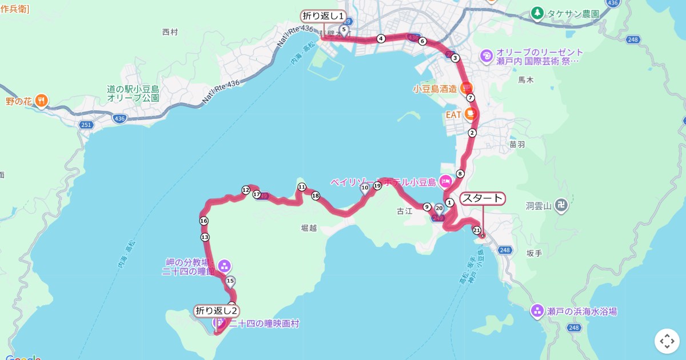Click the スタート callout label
482,199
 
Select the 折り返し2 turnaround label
216,311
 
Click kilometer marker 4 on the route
381,39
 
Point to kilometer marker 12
246,190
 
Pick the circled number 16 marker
204,221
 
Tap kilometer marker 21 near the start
476,230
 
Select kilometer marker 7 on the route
470,98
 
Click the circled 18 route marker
316,196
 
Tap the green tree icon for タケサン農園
537,13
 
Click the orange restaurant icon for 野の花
41,101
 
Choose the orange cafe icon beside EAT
470,114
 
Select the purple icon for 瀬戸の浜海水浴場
537,311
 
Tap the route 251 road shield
86,125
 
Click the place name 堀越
309,228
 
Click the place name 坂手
534,253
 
